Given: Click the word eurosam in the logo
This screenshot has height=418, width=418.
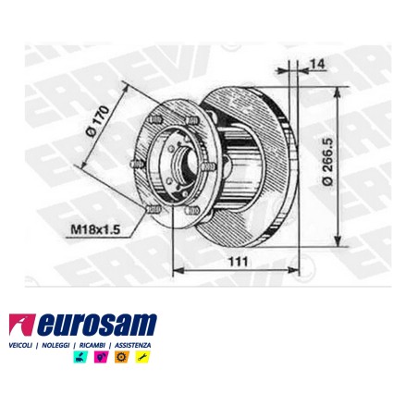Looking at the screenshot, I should (98, 326).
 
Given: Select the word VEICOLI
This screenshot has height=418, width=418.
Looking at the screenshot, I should (19, 344).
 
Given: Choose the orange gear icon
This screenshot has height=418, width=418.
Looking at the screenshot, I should (120, 357).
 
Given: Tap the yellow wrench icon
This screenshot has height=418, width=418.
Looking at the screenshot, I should (141, 357).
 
